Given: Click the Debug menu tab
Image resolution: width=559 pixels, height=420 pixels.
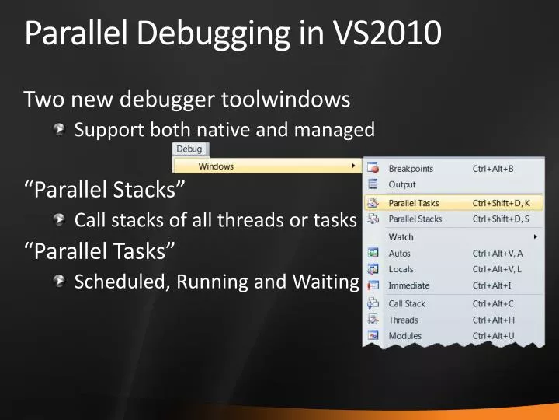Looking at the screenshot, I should [x=189, y=149].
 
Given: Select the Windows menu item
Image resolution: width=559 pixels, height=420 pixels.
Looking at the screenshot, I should [x=216, y=166].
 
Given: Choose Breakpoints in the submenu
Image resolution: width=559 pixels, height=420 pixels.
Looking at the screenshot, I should [x=411, y=169].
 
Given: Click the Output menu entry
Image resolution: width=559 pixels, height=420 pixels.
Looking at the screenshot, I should [x=402, y=184].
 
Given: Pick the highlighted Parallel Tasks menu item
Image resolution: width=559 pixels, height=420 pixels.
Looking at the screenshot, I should [x=414, y=203].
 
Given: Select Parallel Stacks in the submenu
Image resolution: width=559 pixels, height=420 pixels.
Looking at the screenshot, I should [x=415, y=219].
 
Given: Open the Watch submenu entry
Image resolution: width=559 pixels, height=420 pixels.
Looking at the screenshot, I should [x=401, y=236].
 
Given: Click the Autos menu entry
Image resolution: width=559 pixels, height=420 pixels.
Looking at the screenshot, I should [x=400, y=254].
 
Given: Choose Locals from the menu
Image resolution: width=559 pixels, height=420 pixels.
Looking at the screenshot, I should [x=401, y=269].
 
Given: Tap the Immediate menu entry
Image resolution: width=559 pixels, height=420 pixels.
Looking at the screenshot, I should [x=408, y=285].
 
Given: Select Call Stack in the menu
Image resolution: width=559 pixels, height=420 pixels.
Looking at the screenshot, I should [x=407, y=304].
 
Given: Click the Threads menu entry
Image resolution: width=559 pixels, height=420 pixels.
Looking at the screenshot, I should [x=403, y=320].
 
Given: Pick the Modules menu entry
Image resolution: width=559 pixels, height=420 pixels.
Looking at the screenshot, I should [x=405, y=336].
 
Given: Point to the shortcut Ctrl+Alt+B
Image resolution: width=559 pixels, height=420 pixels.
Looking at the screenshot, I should [x=494, y=169].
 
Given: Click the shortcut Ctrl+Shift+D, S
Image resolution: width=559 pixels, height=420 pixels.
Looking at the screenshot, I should [x=501, y=219].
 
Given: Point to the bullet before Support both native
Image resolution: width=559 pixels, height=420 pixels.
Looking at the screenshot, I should [x=60, y=130].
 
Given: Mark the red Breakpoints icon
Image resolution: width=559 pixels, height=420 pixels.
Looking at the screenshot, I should [x=373, y=169].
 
